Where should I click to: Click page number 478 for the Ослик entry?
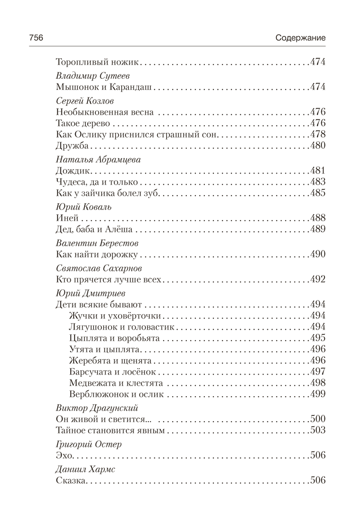(317, 134)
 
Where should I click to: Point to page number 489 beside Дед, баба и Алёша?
(317, 230)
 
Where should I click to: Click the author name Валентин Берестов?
(96, 243)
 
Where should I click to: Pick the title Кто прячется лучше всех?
(110, 279)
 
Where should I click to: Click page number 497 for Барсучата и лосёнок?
(317, 371)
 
